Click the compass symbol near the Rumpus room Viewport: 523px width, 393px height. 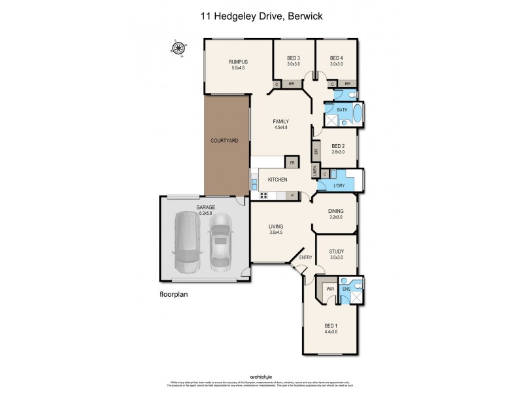pos(177,48)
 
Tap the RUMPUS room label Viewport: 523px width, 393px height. pos(237,62)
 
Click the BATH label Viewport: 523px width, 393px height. pos(342,110)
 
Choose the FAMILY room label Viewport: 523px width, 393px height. pos(280,122)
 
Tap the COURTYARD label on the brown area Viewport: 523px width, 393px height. pos(224,141)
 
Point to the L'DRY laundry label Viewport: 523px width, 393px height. pos(339,186)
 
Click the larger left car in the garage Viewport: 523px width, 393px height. pos(188,244)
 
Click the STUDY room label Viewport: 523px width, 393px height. pos(337,251)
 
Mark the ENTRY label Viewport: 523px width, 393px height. pos(306,257)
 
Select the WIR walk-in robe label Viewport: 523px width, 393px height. pos(329,288)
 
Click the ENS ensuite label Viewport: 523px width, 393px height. pos(346,288)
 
